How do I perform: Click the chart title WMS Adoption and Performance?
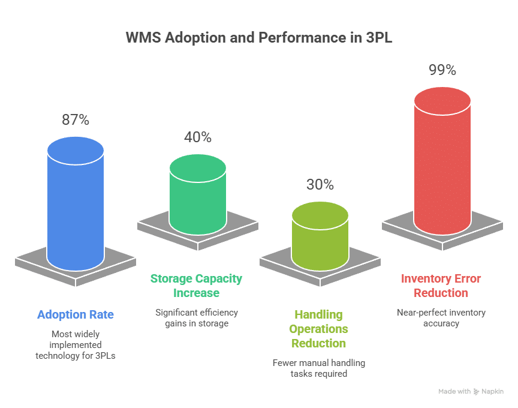tap(259, 38)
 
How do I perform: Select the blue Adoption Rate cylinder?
tap(76, 210)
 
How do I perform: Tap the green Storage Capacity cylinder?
tap(198, 198)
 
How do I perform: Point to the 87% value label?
tap(76, 120)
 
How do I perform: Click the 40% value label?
tap(198, 137)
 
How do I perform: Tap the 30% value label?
tap(320, 185)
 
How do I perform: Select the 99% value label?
tap(442, 70)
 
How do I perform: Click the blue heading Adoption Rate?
tap(76, 314)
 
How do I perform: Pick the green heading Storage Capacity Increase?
tap(197, 286)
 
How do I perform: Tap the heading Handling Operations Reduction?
tap(318, 329)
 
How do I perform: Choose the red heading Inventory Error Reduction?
tap(441, 286)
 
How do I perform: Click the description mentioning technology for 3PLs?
tap(76, 346)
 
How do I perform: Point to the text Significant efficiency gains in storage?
tap(197, 318)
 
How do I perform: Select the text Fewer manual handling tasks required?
tap(318, 368)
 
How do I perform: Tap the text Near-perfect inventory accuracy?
tap(441, 318)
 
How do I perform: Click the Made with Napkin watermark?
tap(471, 391)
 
